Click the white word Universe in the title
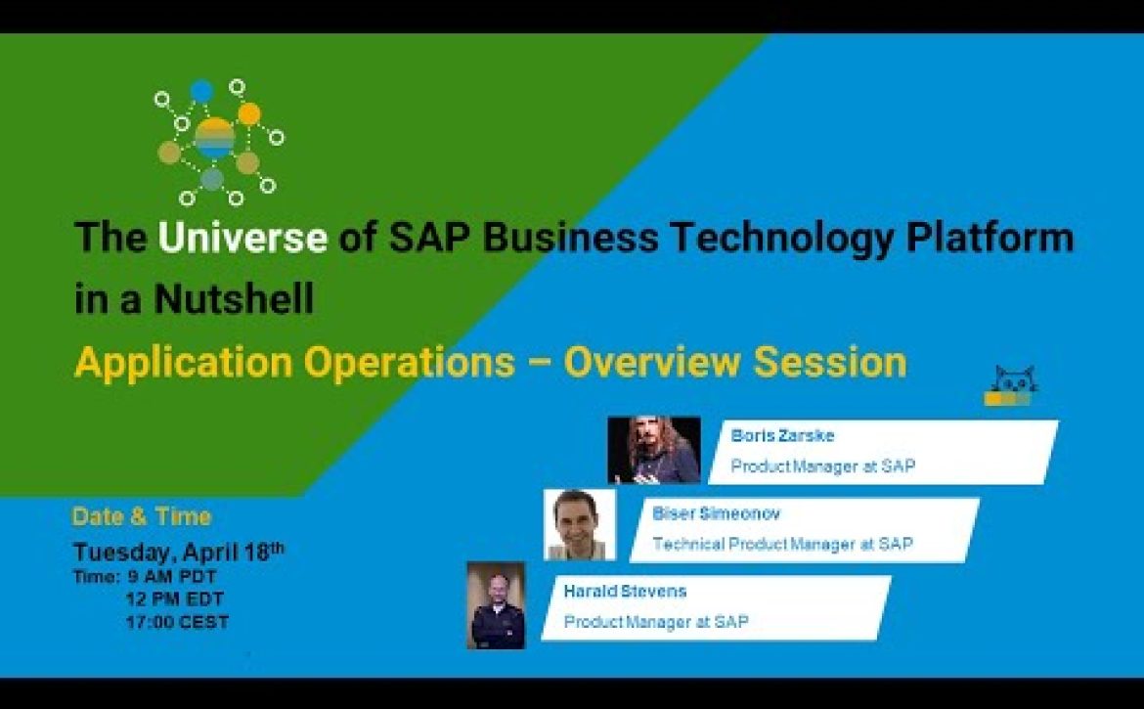(x=242, y=238)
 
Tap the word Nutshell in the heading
(x=235, y=298)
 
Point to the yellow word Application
(x=183, y=363)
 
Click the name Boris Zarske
(x=782, y=435)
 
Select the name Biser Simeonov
(x=716, y=513)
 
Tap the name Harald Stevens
(x=625, y=591)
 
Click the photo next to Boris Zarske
(x=654, y=449)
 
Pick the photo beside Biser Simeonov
(x=580, y=524)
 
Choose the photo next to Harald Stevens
(x=496, y=604)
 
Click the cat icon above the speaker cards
(x=1012, y=386)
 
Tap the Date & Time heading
(x=142, y=516)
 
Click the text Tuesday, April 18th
(x=179, y=552)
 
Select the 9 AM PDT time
(x=172, y=577)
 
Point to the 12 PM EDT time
(x=174, y=598)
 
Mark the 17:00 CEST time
(x=177, y=622)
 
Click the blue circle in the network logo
(x=201, y=91)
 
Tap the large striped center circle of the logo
(x=214, y=139)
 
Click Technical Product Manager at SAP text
(x=782, y=544)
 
